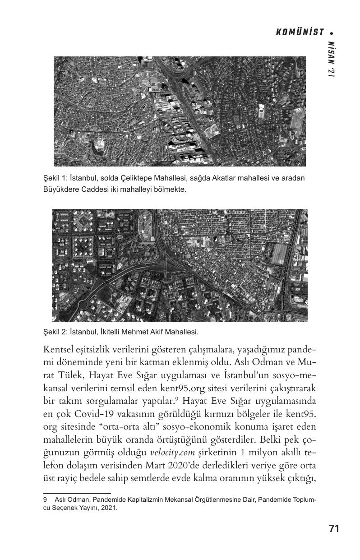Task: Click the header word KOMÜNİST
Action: (x=300, y=32)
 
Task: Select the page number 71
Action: (x=334, y=529)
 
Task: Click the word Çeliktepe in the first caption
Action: (x=131, y=178)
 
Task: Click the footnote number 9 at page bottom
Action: (x=45, y=500)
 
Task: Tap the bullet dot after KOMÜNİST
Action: (x=332, y=32)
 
